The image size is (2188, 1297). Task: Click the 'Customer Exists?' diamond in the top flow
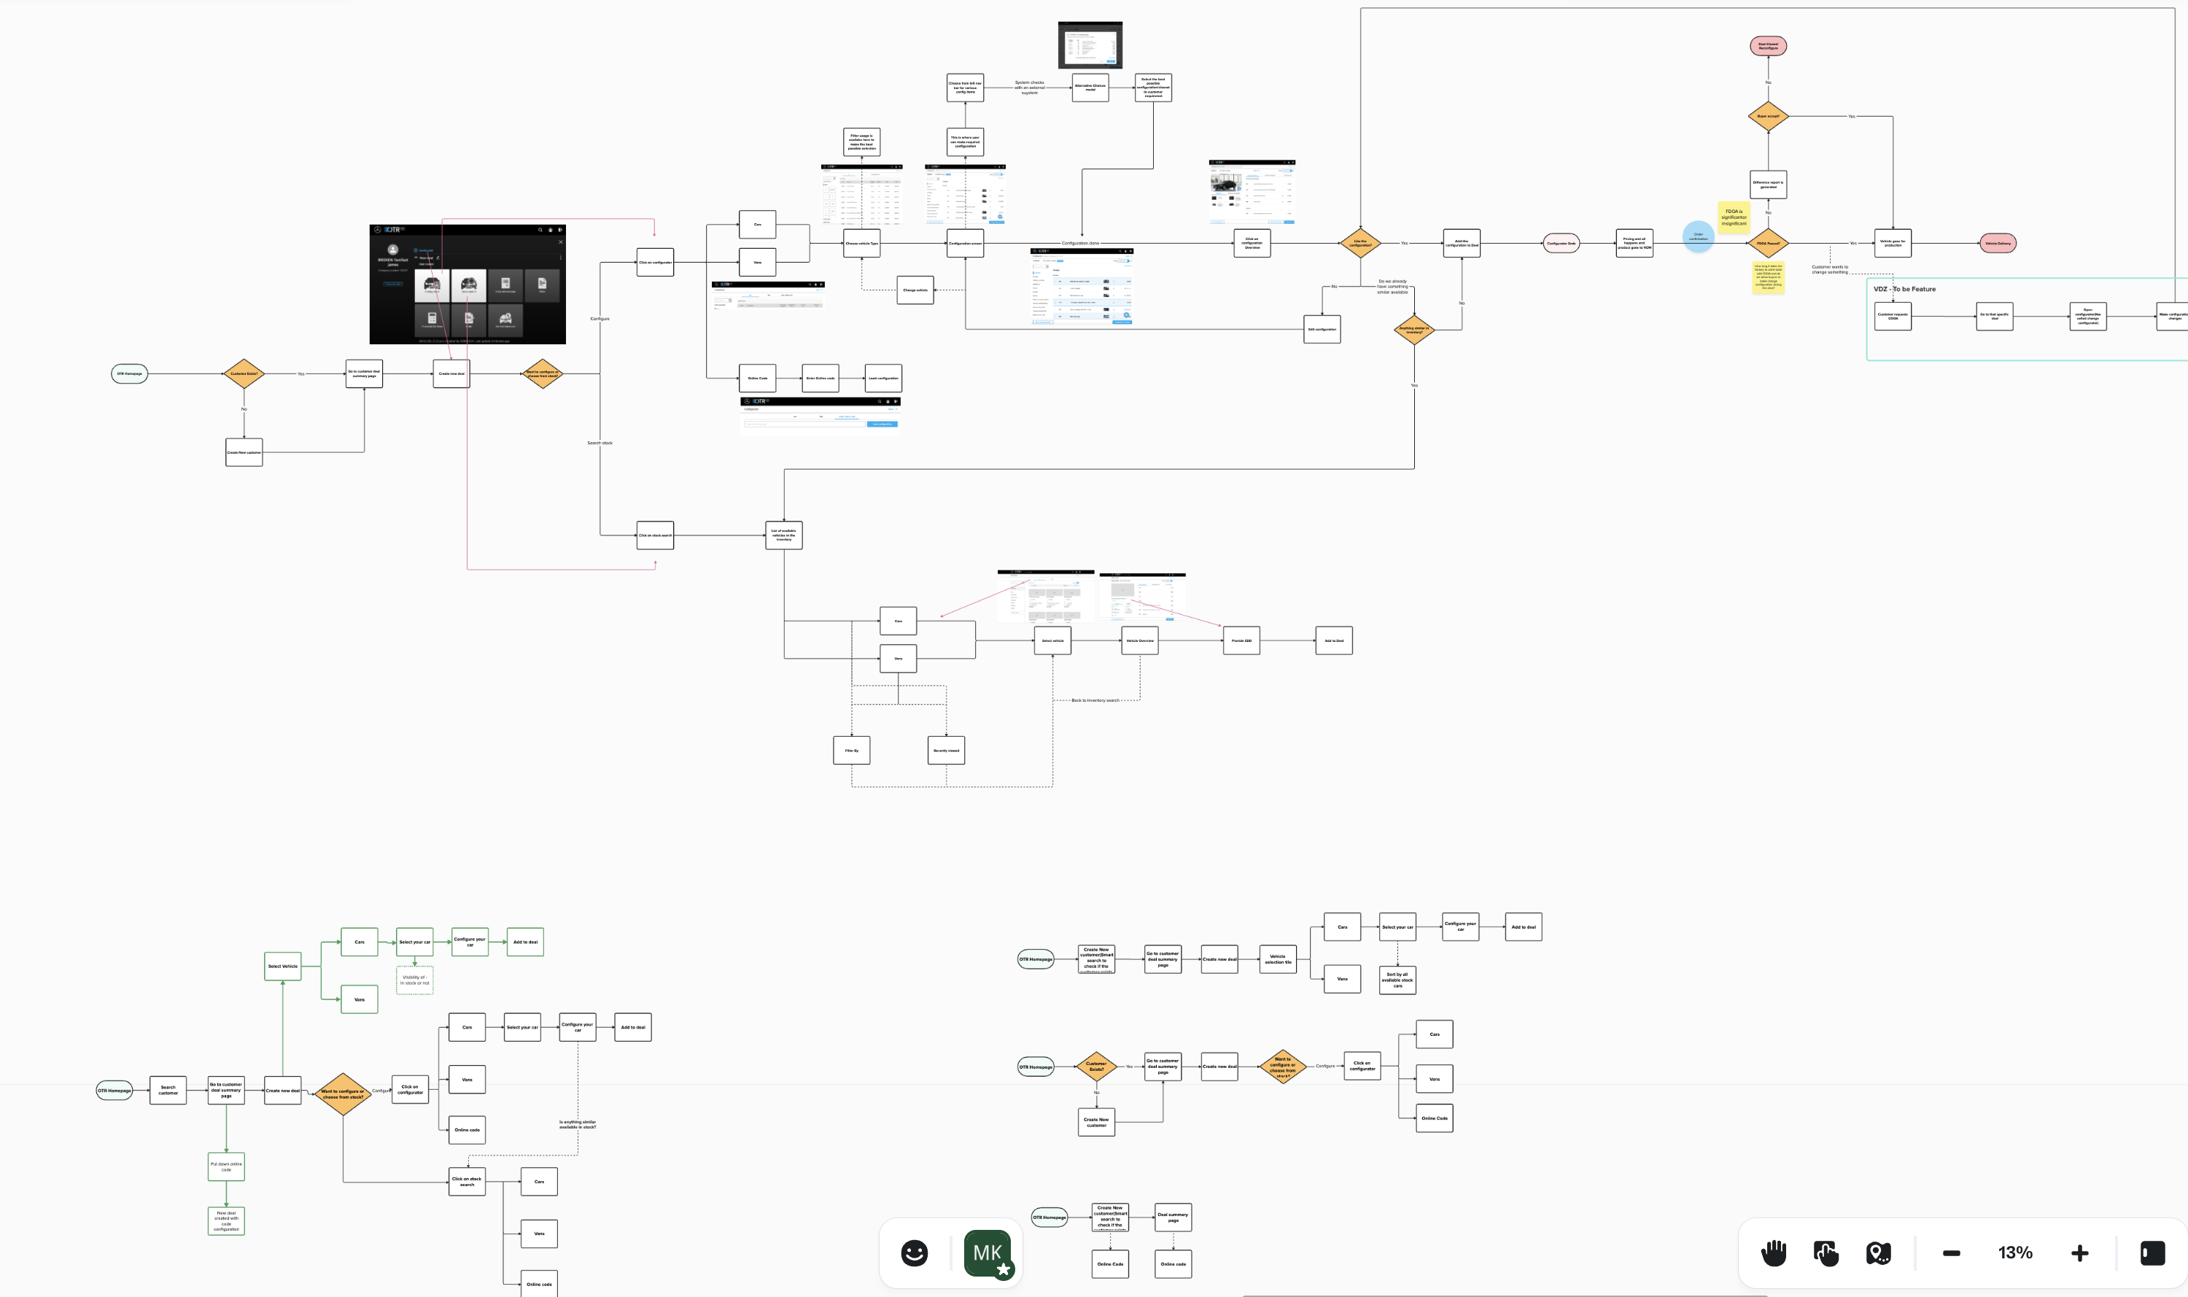(x=244, y=374)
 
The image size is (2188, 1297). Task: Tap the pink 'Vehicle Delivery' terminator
(x=1998, y=244)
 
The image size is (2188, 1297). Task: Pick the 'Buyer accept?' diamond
(x=1768, y=116)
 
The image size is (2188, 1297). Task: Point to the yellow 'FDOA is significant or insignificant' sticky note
(x=1734, y=217)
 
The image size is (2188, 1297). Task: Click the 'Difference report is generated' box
(x=1768, y=185)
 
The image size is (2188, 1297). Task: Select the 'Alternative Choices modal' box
(x=1090, y=88)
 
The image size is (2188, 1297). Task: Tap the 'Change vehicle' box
(x=915, y=290)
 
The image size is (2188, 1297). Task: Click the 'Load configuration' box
(x=882, y=379)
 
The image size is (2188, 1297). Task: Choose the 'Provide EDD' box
(x=1241, y=640)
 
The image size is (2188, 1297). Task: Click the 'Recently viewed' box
(x=945, y=751)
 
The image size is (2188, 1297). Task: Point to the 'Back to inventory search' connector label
(x=1095, y=700)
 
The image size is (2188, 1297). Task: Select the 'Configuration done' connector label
(x=1080, y=243)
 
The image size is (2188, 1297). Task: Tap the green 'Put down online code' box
(x=226, y=1166)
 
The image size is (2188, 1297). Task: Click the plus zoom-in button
(x=2079, y=1253)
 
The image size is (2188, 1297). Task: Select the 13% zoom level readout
(x=2015, y=1253)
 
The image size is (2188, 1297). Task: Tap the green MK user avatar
(x=988, y=1253)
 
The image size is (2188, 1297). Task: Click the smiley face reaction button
(x=914, y=1253)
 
